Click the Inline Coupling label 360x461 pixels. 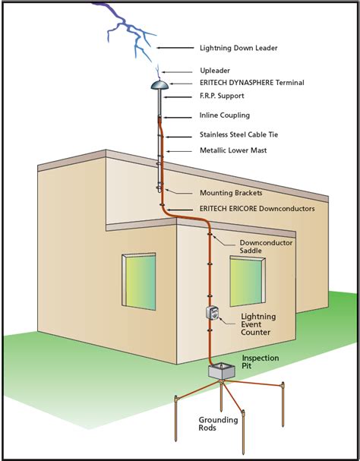coord(226,117)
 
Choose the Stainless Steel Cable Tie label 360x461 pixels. coord(239,134)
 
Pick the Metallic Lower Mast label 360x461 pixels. coord(233,151)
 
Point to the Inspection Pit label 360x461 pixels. coord(261,362)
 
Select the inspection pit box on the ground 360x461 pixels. coord(223,374)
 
